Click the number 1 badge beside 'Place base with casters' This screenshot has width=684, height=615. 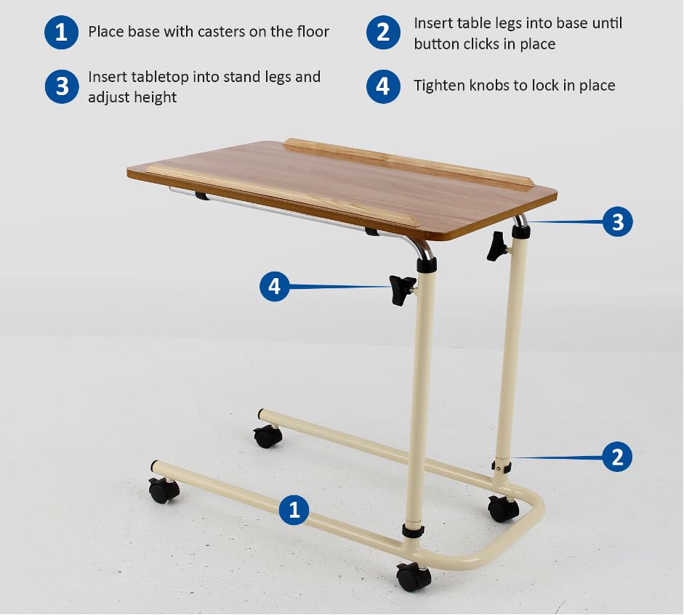click(x=62, y=32)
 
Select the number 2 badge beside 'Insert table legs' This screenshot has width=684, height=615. click(x=384, y=32)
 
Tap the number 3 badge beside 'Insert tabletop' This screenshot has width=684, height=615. click(x=62, y=86)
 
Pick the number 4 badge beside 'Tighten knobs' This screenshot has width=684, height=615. click(x=384, y=86)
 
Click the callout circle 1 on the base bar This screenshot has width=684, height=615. click(x=294, y=510)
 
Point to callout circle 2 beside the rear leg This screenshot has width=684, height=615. click(x=617, y=457)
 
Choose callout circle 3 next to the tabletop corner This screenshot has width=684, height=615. click(x=618, y=221)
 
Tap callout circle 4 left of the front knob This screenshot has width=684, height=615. click(x=274, y=286)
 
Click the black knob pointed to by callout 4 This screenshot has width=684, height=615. click(x=402, y=290)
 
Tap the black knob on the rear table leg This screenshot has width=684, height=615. click(x=497, y=246)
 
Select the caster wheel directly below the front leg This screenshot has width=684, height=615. click(x=414, y=577)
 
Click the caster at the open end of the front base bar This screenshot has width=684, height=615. click(x=164, y=490)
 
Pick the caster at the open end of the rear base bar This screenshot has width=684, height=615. click(x=267, y=436)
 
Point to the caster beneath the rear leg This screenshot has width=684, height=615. click(x=504, y=508)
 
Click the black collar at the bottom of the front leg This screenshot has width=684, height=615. click(x=413, y=531)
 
